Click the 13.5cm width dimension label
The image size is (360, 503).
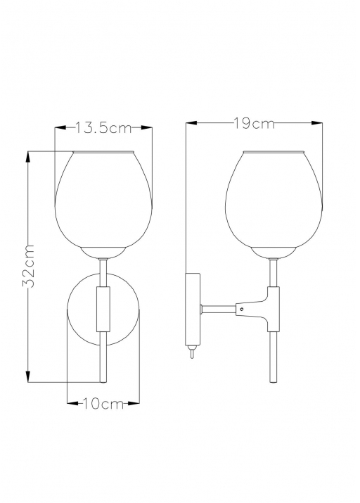point(103,128)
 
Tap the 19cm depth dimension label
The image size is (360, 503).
point(255,124)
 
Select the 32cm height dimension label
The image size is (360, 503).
point(28,266)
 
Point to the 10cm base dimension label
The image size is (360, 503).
point(103,403)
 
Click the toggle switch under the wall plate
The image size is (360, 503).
point(191,351)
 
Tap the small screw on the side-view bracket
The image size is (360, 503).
point(242,310)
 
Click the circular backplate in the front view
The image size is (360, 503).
point(103,310)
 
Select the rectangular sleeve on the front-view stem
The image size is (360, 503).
point(103,310)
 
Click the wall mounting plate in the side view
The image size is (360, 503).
point(193,309)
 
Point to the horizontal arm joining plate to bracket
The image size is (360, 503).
point(218,310)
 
